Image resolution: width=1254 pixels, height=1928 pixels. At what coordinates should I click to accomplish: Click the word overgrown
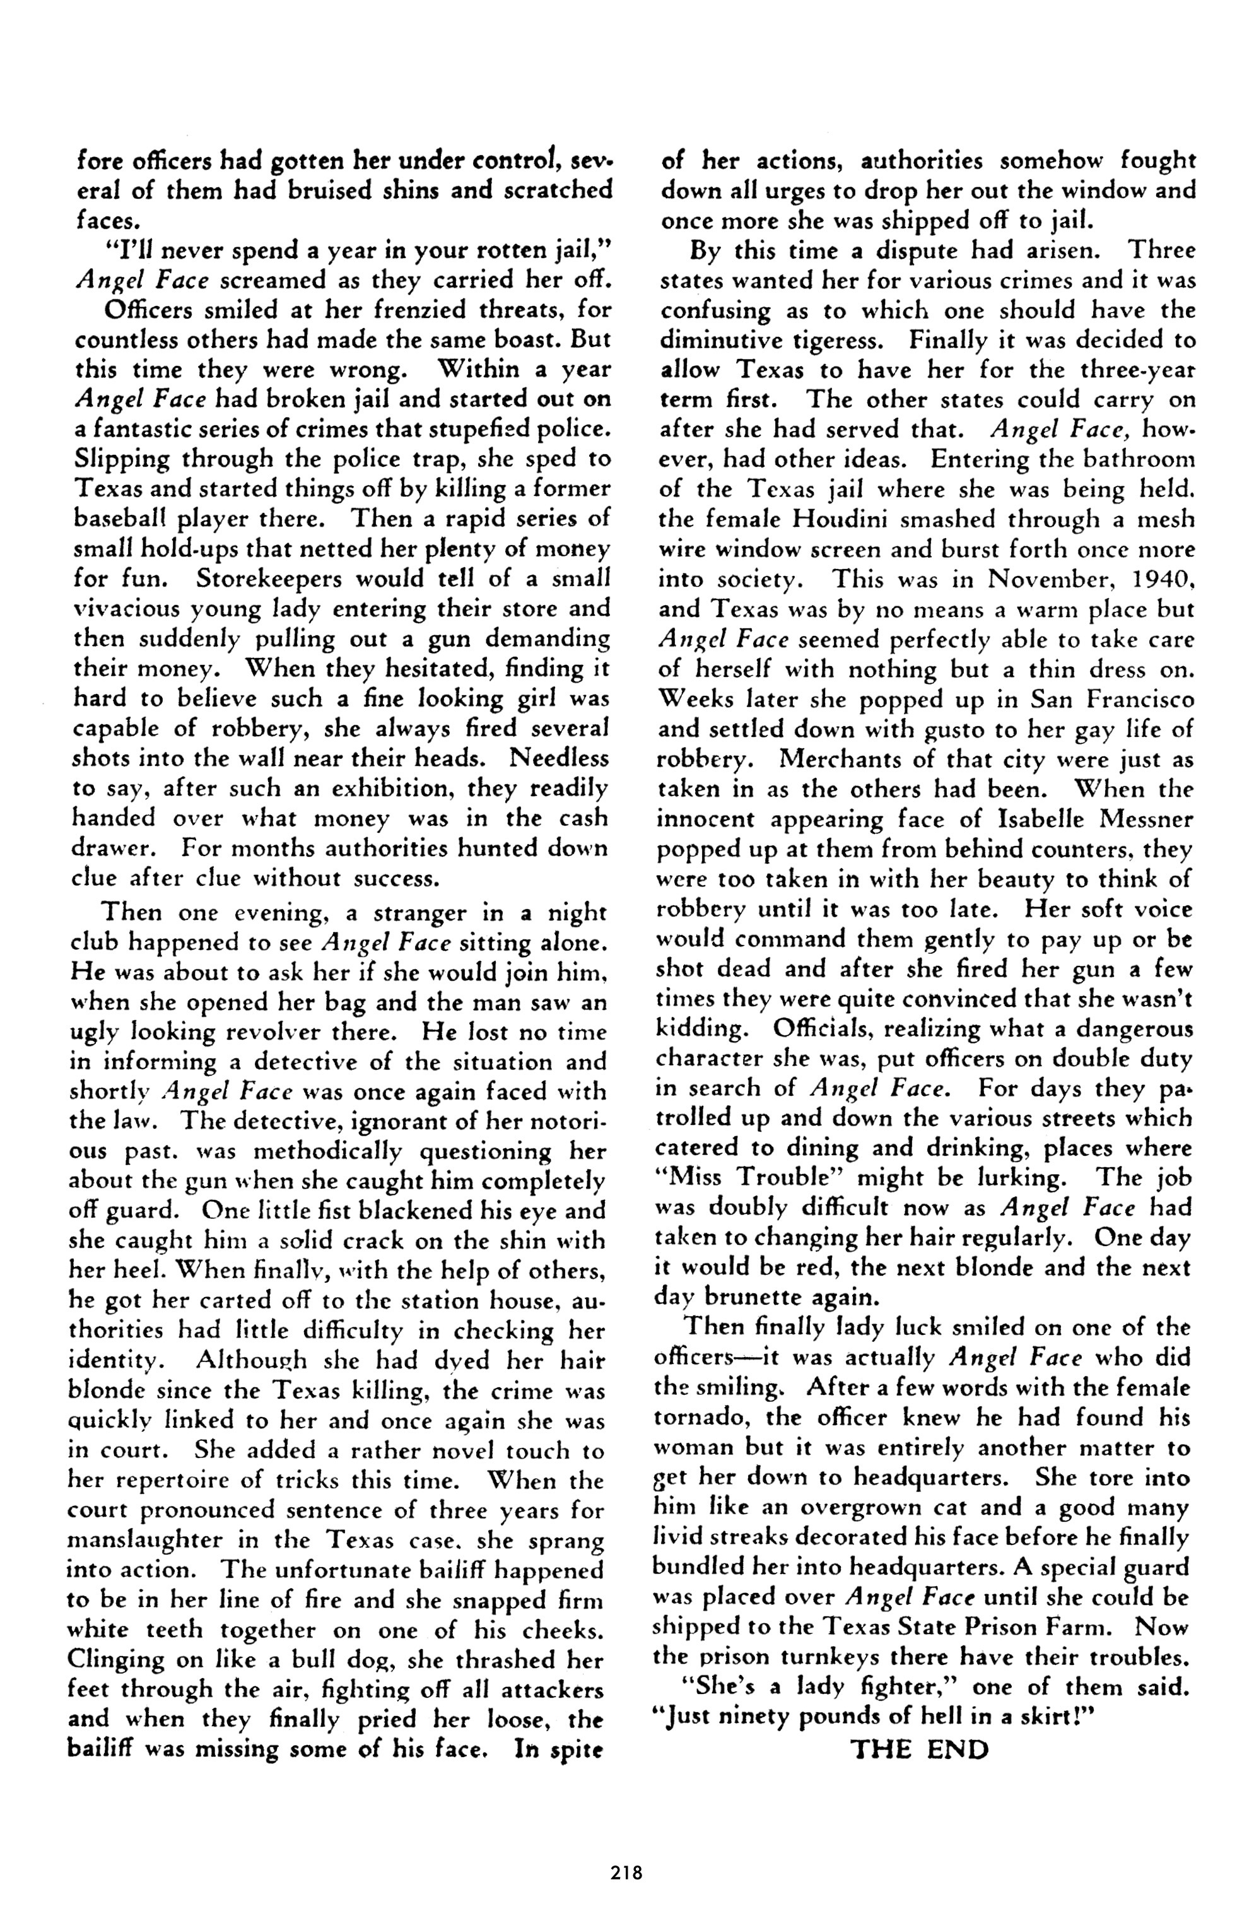(x=861, y=1508)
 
